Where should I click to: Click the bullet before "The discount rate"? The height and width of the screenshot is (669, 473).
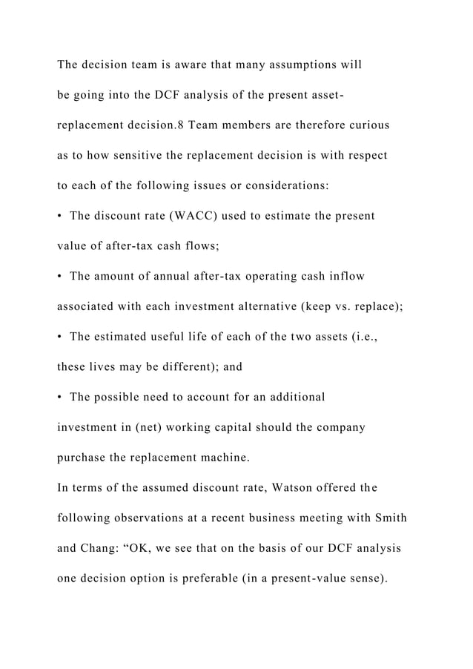click(x=60, y=217)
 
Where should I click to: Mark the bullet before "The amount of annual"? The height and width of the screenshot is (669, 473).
click(x=60, y=277)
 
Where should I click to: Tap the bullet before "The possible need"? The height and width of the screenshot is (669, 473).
click(x=60, y=398)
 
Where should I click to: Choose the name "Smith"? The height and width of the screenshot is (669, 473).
click(x=389, y=518)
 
